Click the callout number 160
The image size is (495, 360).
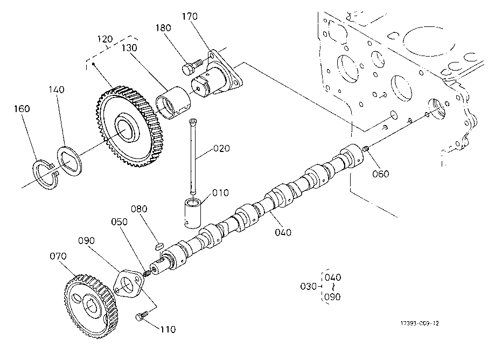(22, 109)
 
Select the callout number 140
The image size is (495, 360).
(57, 89)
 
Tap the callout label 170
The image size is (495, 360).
(190, 16)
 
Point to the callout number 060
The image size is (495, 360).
(381, 174)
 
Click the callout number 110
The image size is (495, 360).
(168, 329)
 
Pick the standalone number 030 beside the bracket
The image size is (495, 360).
(309, 286)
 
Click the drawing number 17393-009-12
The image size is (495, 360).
(420, 323)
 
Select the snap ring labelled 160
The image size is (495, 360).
(46, 175)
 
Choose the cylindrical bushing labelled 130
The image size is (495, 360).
(173, 102)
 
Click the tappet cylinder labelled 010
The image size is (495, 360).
(192, 213)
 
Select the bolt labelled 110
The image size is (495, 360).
(142, 316)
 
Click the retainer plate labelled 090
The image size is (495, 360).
(127, 284)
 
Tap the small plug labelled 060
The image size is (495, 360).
(366, 148)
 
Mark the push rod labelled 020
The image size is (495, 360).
(192, 156)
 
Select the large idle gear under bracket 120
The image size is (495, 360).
(129, 126)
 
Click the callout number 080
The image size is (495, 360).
(139, 209)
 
